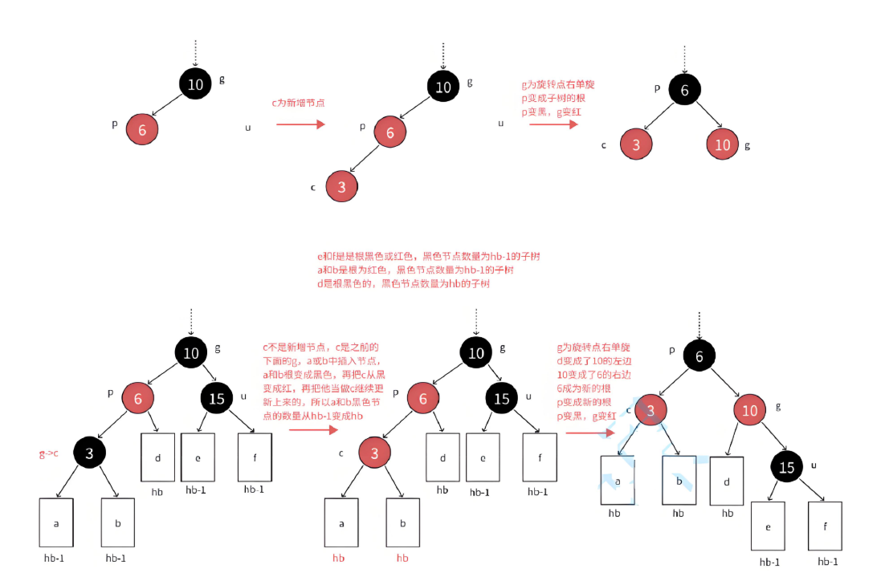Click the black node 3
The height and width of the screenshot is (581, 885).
pos(90,453)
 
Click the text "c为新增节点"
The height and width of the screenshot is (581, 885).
pos(298,103)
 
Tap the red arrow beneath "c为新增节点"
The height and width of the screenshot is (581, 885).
pos(300,124)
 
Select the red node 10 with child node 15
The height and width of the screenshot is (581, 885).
pos(749,412)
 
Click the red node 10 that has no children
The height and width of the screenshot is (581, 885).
pos(723,144)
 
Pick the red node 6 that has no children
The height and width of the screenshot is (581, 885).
pos(142,128)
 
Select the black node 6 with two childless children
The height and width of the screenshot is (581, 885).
pos(684,90)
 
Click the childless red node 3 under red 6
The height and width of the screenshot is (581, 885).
pos(342,187)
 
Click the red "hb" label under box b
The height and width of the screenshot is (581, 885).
pos(402,557)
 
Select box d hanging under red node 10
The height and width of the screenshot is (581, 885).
pos(727,481)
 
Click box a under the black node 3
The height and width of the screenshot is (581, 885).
pos(56,523)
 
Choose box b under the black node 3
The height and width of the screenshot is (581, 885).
pos(117,523)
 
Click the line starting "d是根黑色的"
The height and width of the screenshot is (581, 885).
pos(402,284)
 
